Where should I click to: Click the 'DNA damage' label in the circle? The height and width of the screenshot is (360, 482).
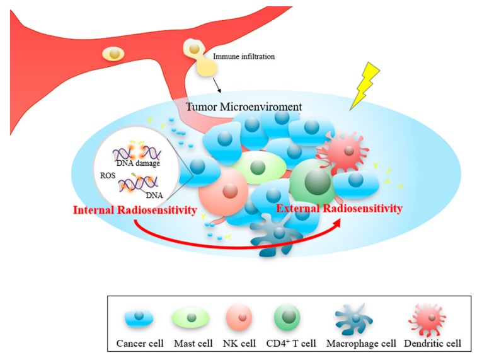(x=142, y=163)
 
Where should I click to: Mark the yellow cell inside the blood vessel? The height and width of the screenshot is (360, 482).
(x=114, y=55)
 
